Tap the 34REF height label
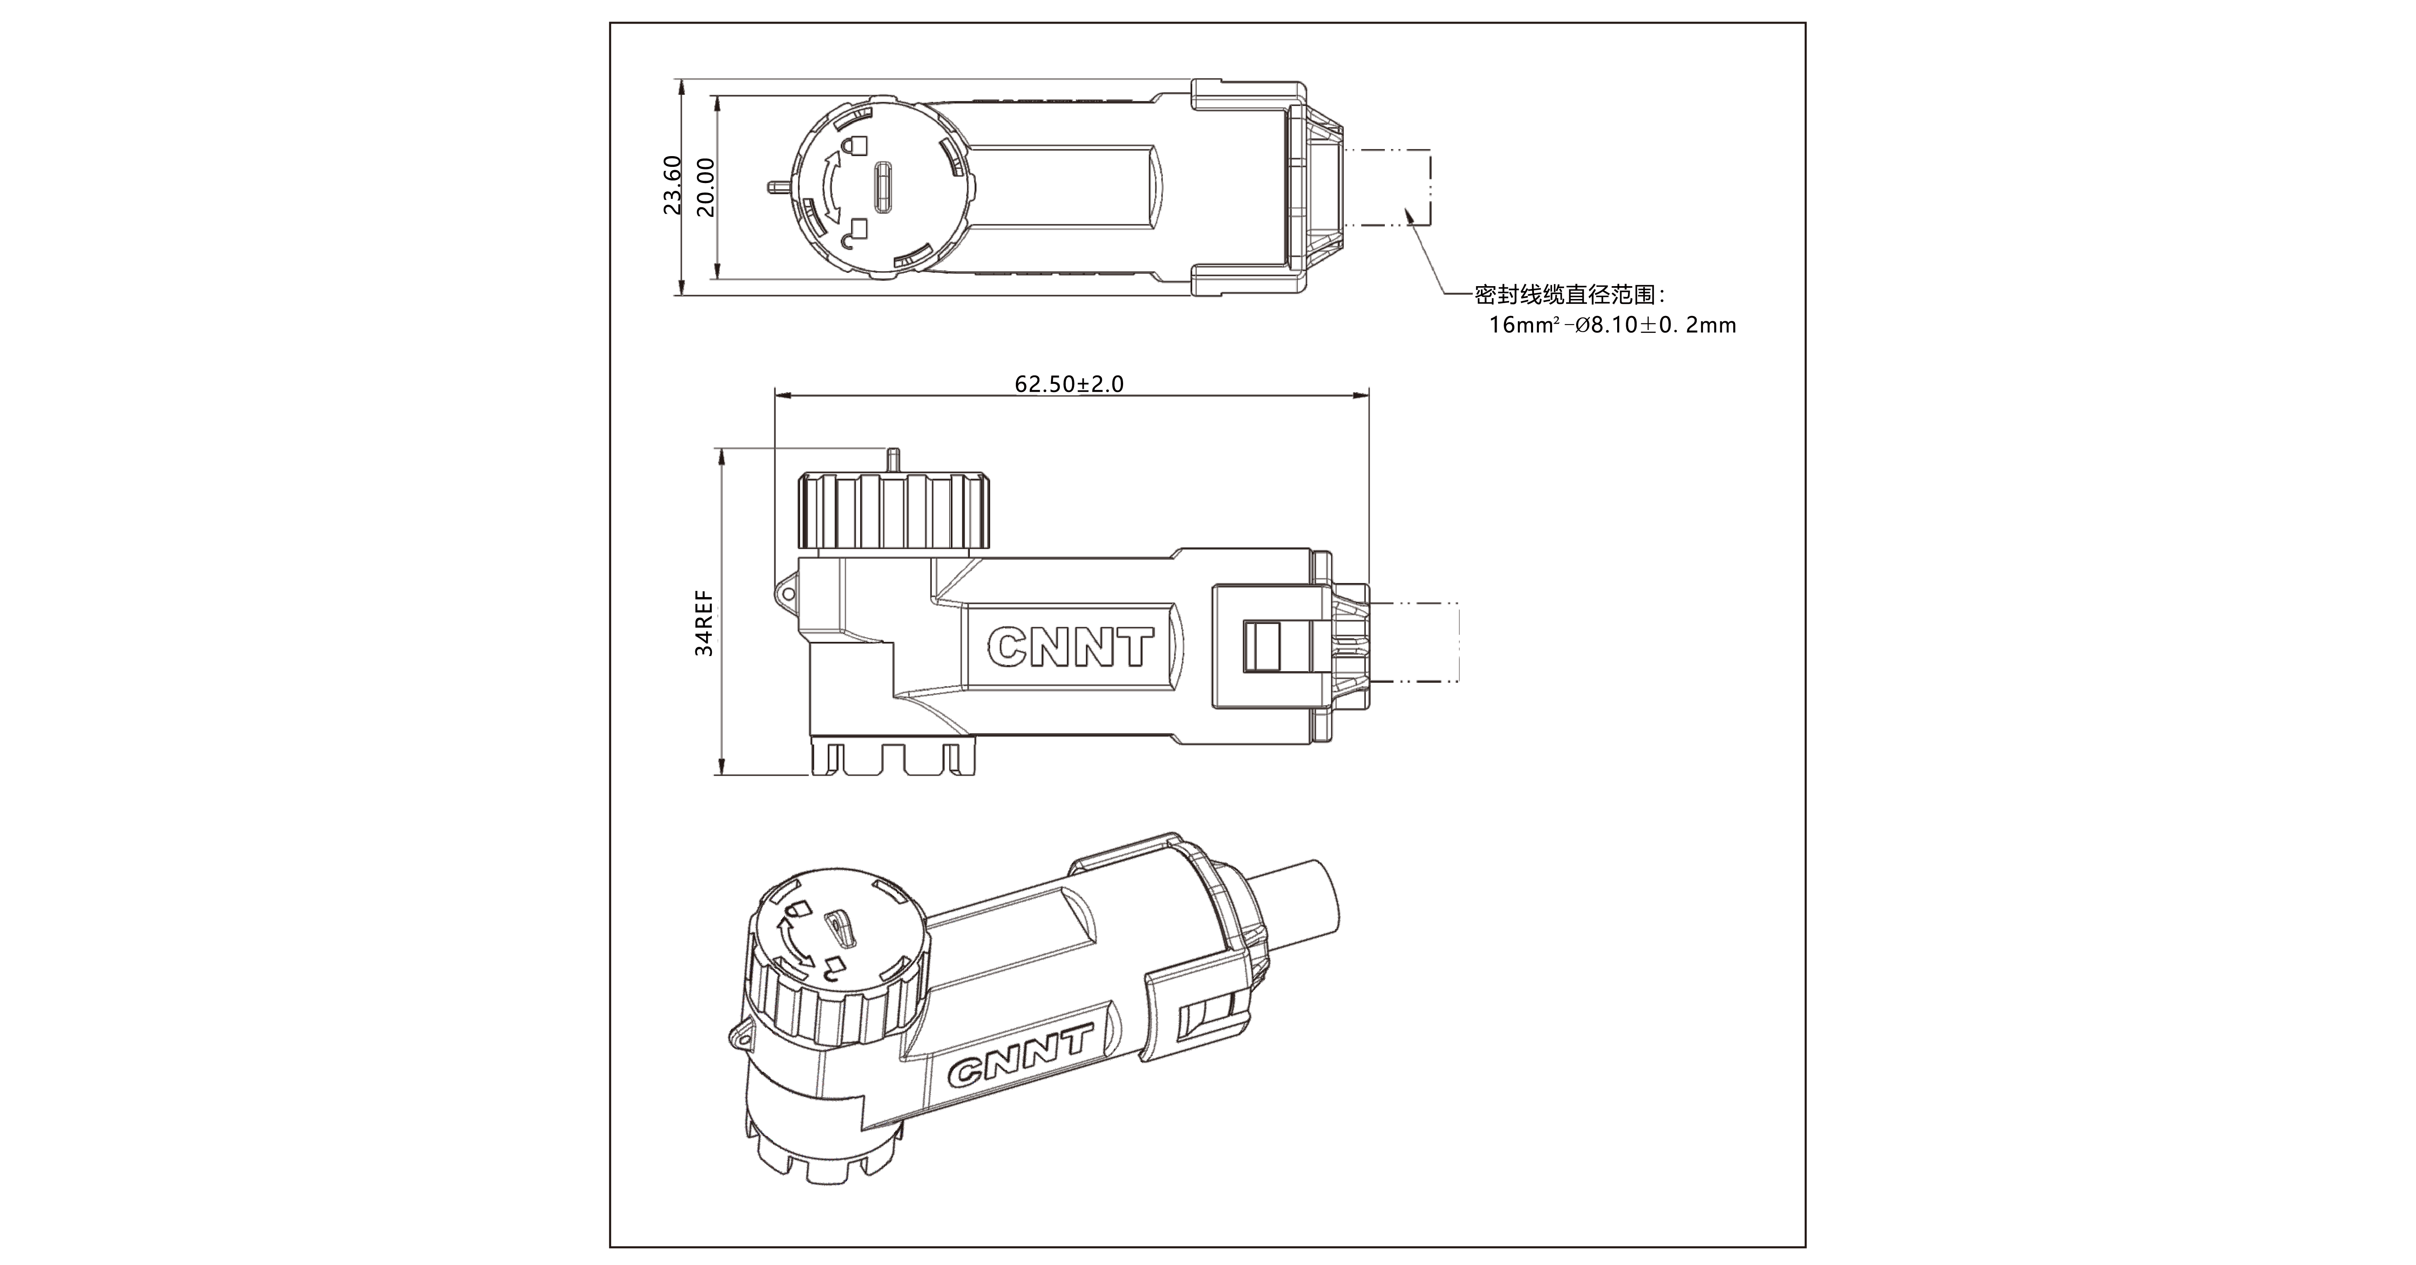[x=704, y=623]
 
